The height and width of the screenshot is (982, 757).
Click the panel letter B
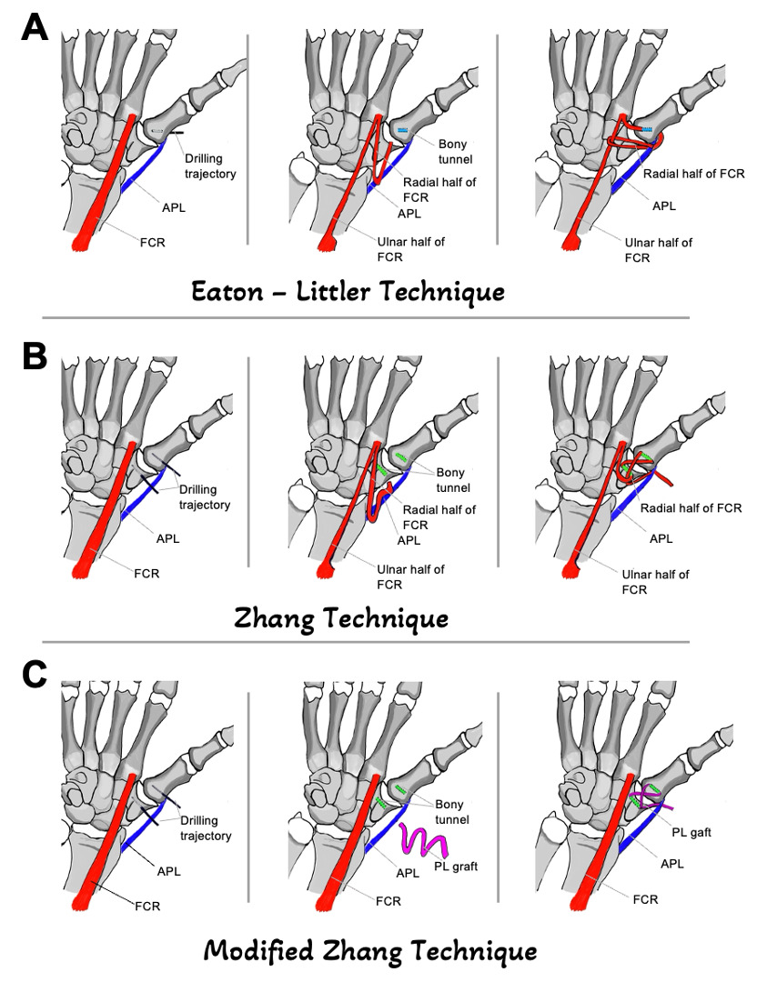tap(34, 357)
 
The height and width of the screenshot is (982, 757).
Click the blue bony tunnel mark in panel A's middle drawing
tap(403, 131)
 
